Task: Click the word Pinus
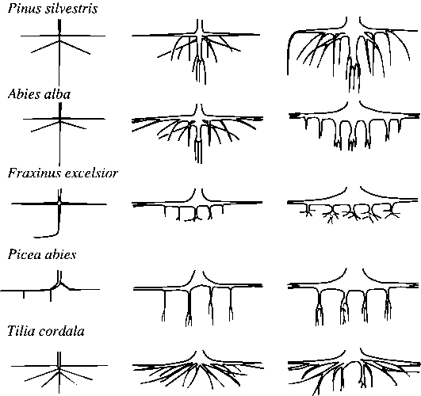pyautogui.click(x=24, y=9)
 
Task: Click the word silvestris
pyautogui.click(x=71, y=9)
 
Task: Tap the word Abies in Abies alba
pyautogui.click(x=23, y=94)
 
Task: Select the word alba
pyautogui.click(x=56, y=94)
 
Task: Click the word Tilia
pyautogui.click(x=21, y=331)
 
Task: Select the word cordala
pyautogui.click(x=62, y=331)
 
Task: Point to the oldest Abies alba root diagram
pyautogui.click(x=354, y=126)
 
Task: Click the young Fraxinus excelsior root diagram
pyautogui.click(x=59, y=213)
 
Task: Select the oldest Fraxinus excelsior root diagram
pyautogui.click(x=352, y=205)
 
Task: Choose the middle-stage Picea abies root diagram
pyautogui.click(x=198, y=298)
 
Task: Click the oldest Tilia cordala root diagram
pyautogui.click(x=354, y=371)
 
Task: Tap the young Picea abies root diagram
pyautogui.click(x=51, y=286)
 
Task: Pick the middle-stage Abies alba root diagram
pyautogui.click(x=197, y=133)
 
